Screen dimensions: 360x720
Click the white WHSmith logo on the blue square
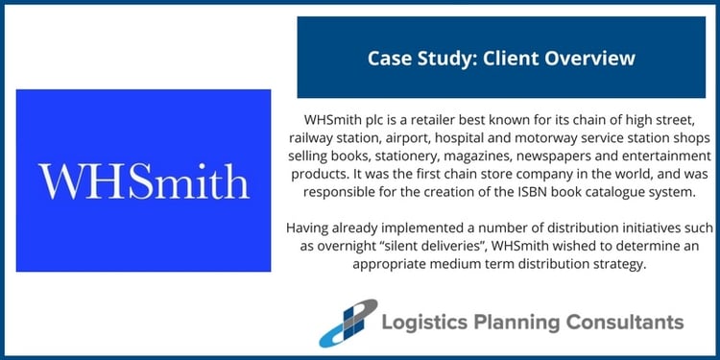[143, 180]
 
